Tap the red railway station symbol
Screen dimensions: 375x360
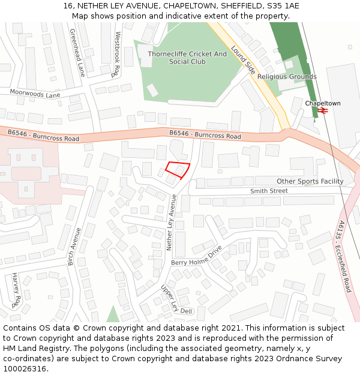[322, 111]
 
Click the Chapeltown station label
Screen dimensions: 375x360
[322, 103]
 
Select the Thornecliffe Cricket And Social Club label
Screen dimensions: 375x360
[187, 58]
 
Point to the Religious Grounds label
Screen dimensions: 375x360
[287, 77]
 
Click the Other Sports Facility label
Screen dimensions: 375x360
[310, 181]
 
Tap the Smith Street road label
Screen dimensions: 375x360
[269, 191]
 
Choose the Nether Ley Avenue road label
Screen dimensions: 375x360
[170, 222]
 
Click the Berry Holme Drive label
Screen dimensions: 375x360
[197, 256]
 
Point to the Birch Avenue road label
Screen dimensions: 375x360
[74, 246]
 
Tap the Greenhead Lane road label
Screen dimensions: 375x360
[77, 53]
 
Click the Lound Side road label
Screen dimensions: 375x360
[243, 59]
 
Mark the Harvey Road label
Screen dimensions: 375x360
[16, 289]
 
